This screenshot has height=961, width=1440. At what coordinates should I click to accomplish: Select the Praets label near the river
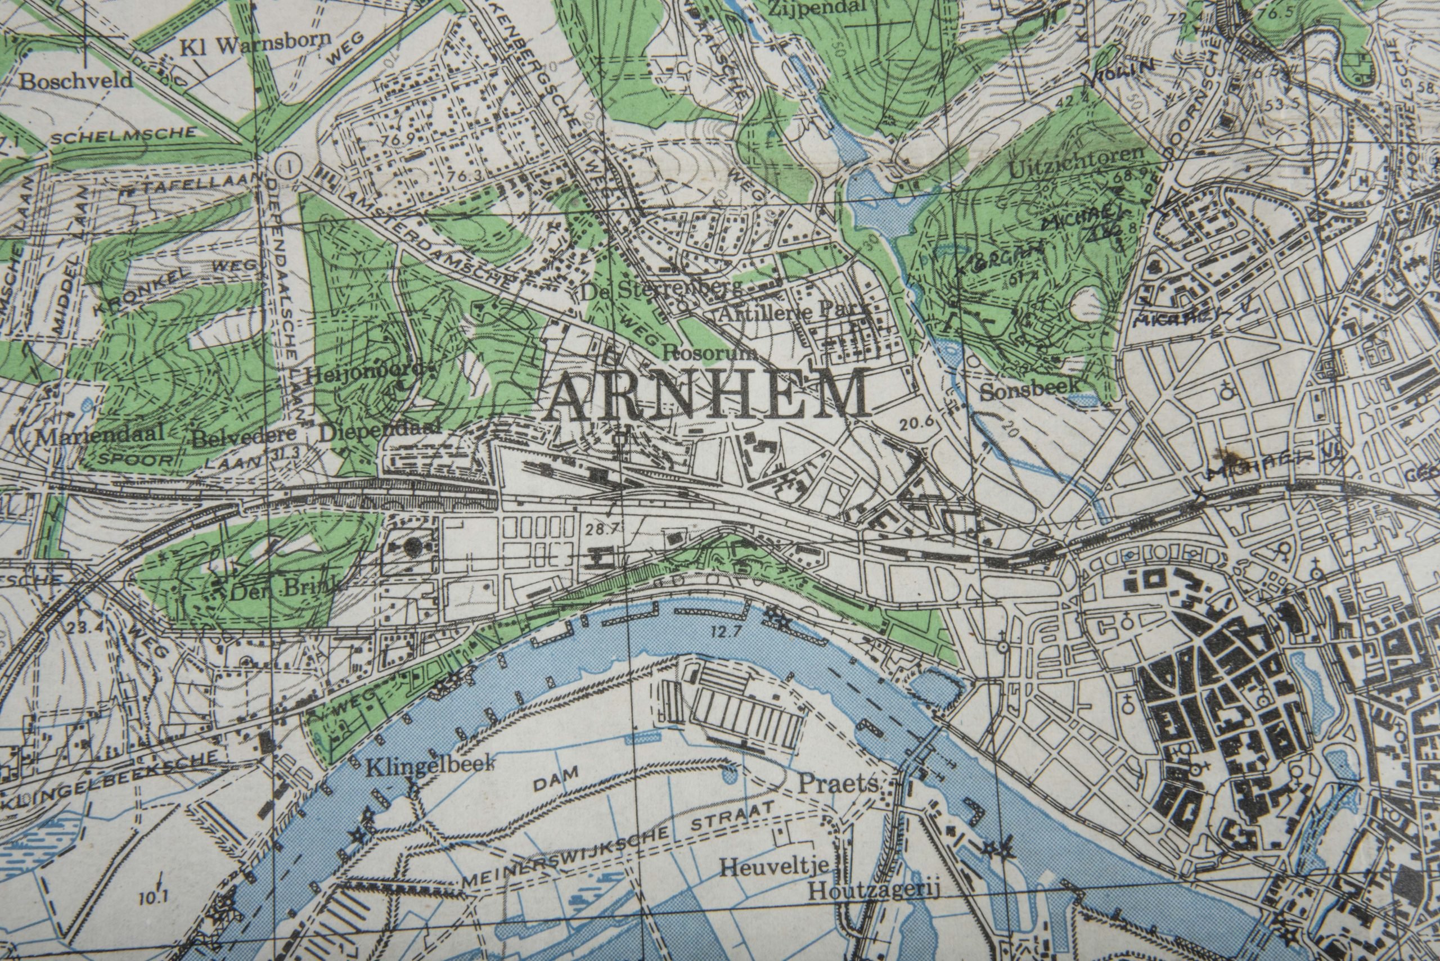[x=838, y=784]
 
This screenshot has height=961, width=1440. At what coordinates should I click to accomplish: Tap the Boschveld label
[x=75, y=81]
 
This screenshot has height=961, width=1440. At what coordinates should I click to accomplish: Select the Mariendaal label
[x=100, y=435]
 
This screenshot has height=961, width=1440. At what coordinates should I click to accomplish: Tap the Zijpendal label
[x=813, y=8]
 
